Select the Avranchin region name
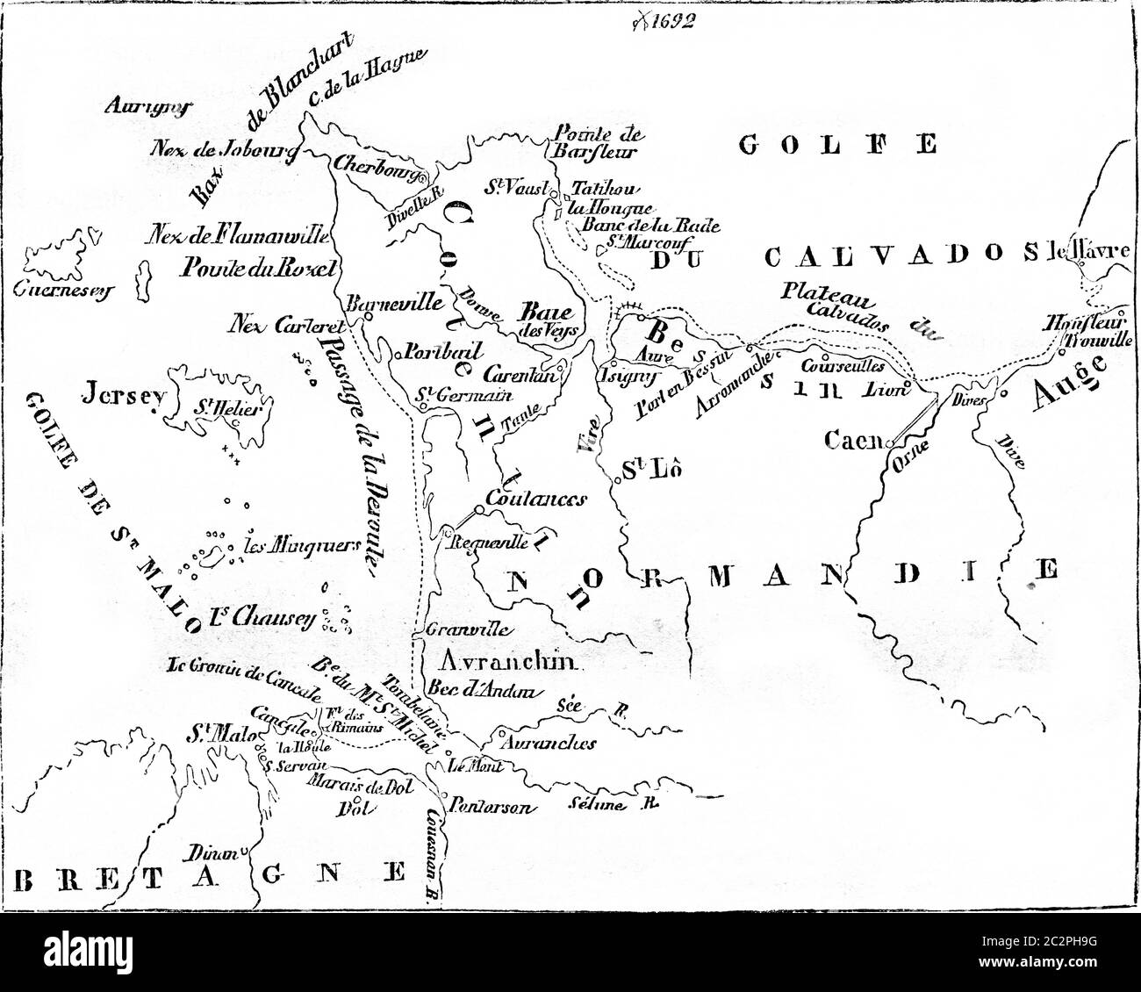click(497, 664)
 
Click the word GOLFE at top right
click(837, 143)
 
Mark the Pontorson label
click(490, 806)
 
